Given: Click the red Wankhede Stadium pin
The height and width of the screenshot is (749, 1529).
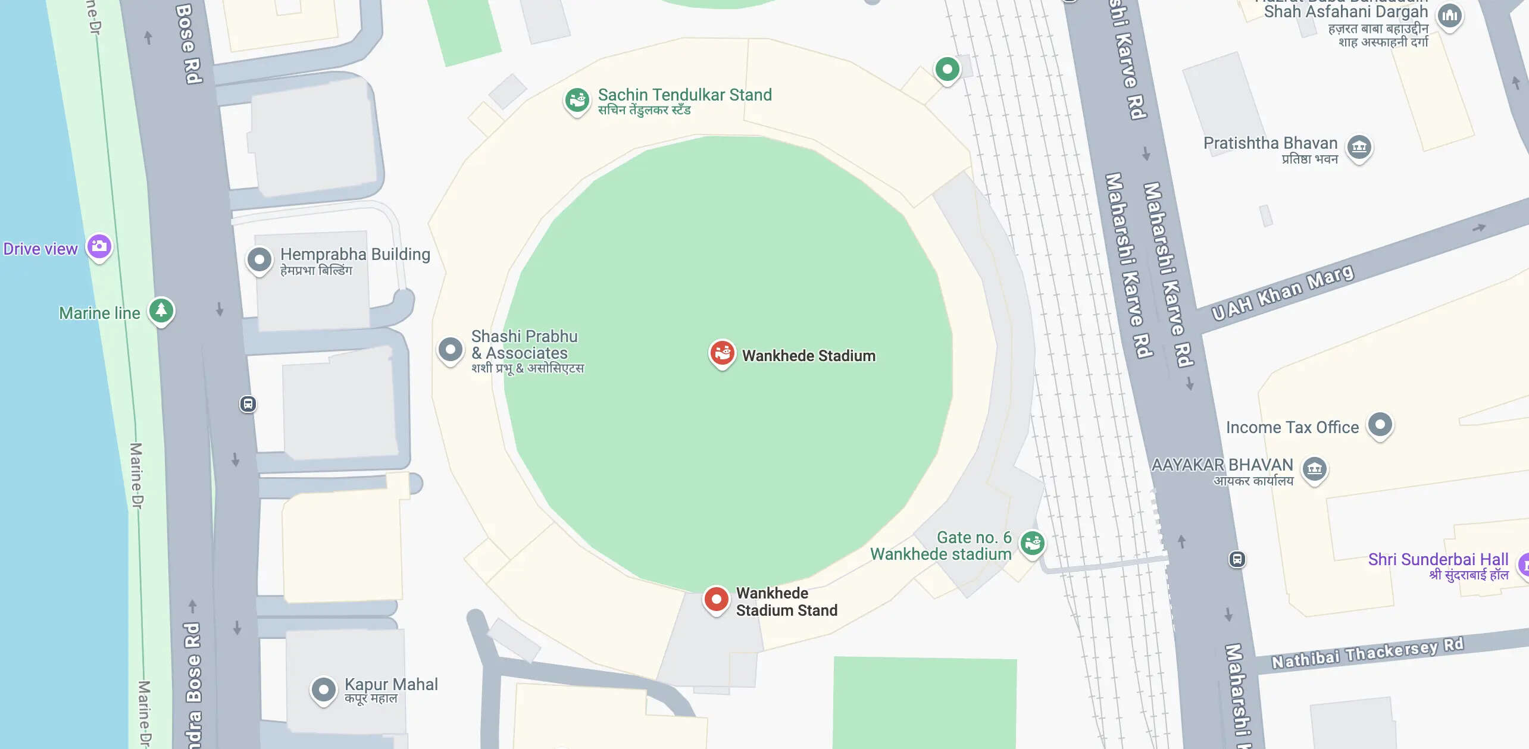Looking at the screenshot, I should tap(722, 353).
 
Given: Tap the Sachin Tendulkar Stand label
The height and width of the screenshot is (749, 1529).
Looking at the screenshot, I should tap(684, 95).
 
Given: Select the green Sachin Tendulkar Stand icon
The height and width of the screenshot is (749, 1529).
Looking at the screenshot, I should tap(577, 101).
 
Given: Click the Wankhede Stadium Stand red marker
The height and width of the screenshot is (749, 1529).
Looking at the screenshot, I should tap(716, 599).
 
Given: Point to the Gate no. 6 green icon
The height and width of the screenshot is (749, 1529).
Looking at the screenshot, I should tap(1032, 542).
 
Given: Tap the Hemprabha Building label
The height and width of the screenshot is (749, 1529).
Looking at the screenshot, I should tap(355, 255).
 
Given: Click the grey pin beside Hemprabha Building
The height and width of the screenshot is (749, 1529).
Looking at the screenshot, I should tap(259, 259).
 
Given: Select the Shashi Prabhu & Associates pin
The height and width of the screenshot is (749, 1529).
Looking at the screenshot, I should tap(451, 349).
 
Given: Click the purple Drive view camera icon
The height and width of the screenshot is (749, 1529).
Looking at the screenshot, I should tap(99, 246).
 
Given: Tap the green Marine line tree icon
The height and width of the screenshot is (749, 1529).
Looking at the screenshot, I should tap(161, 310).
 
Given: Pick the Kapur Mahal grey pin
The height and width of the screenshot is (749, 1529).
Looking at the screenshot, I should tap(324, 690).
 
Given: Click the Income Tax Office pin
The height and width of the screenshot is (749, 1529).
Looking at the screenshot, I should tap(1380, 425).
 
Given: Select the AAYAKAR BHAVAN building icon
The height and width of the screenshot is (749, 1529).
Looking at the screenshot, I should tap(1315, 469).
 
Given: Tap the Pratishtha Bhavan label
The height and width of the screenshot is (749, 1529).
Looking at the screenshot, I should tap(1270, 143).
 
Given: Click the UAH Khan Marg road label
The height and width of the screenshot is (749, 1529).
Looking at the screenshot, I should tap(1283, 293).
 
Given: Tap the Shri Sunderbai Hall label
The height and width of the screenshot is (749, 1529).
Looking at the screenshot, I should tap(1437, 560).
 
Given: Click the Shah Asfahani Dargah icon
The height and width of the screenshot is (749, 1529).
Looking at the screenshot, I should tap(1450, 15).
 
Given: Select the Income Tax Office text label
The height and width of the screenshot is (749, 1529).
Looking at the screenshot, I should tap(1292, 427).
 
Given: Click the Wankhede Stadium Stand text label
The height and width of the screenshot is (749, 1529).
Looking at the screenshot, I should tap(786, 601).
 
